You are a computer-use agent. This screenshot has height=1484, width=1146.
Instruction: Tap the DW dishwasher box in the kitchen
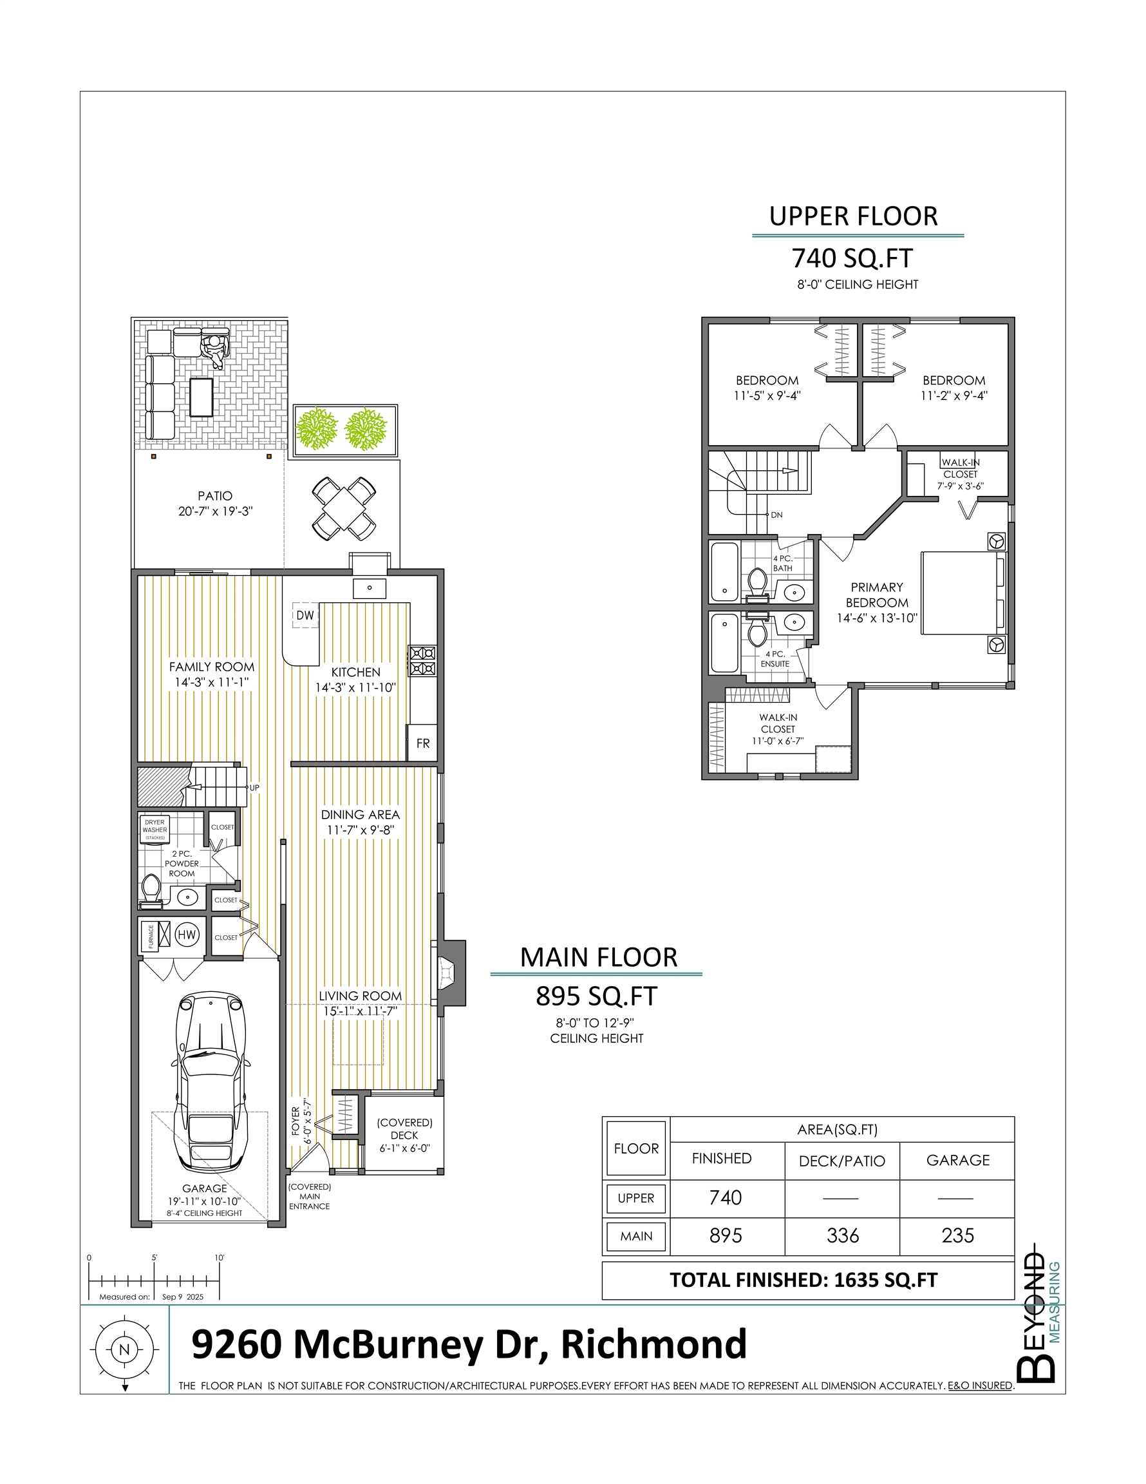[306, 615]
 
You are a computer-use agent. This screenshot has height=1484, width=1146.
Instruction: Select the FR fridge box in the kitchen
[422, 743]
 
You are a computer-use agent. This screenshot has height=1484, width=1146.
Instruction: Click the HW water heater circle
[187, 935]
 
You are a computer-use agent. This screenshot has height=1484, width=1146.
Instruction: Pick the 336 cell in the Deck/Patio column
[842, 1235]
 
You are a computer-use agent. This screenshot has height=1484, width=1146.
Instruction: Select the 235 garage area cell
[958, 1235]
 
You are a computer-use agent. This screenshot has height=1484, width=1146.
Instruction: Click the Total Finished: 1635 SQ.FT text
[803, 1280]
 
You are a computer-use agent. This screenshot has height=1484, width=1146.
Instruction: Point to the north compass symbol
[124, 1350]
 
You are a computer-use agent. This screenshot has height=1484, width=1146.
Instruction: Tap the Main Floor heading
[599, 957]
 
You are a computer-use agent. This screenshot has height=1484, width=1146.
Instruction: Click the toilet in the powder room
[150, 891]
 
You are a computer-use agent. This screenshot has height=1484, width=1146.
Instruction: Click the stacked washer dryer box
[155, 829]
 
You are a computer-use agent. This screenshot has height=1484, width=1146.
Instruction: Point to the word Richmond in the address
[653, 1344]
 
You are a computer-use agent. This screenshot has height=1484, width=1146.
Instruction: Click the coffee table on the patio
[201, 397]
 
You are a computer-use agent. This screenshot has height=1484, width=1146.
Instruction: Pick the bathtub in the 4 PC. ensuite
[724, 643]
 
